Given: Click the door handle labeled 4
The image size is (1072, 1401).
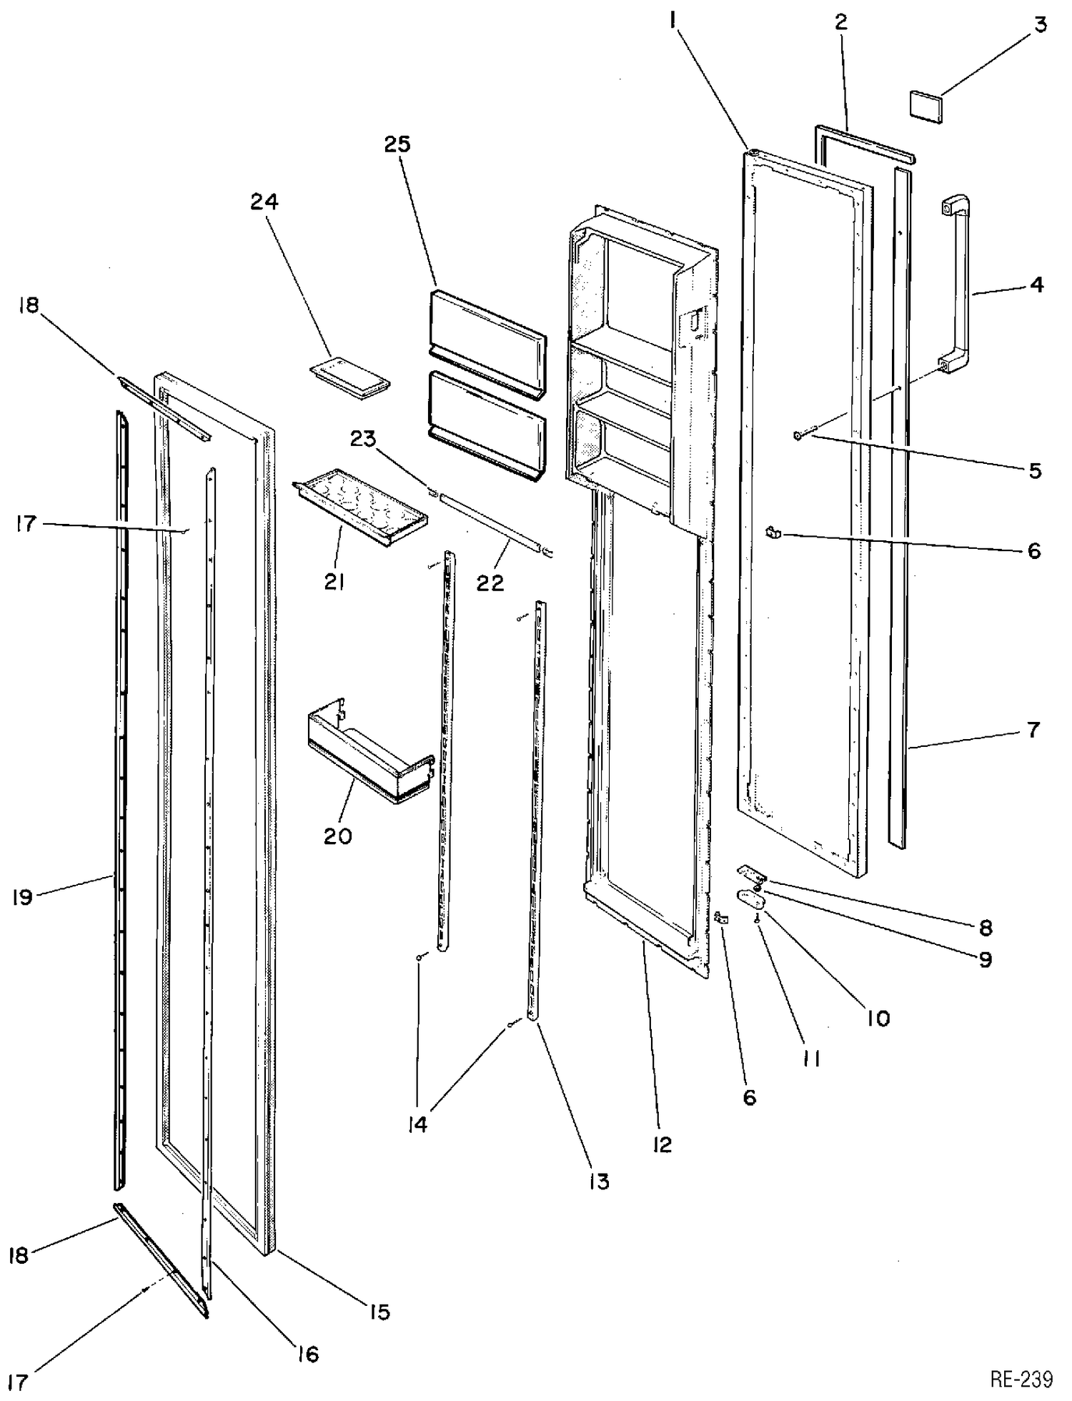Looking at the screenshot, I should pyautogui.click(x=960, y=286).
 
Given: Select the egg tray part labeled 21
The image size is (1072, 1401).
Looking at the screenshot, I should pyautogui.click(x=361, y=507).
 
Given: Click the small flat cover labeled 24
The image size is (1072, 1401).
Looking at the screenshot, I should pyautogui.click(x=350, y=375).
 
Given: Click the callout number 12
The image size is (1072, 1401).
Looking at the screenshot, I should pyautogui.click(x=662, y=1144).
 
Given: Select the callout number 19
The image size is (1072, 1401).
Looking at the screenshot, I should pyautogui.click(x=22, y=897).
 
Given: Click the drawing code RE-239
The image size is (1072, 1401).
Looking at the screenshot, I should pyautogui.click(x=1021, y=1377).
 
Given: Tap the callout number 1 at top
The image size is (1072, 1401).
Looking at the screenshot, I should pyautogui.click(x=673, y=22).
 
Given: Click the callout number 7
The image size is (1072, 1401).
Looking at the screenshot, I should pyautogui.click(x=1033, y=730).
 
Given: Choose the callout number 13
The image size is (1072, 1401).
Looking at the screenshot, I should pyautogui.click(x=599, y=1181).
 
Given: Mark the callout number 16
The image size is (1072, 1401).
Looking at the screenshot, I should pyautogui.click(x=308, y=1353).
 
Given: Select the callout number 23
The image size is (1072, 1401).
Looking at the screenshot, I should pyautogui.click(x=363, y=438).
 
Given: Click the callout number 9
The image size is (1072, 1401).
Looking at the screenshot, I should pyautogui.click(x=986, y=959).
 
